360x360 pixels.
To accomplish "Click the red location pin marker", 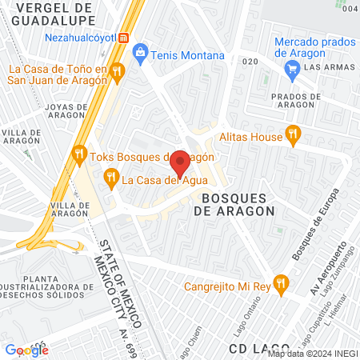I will pos(181,164).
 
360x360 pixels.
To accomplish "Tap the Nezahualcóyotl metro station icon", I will pos(124,38).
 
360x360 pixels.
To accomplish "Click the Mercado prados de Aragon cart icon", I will pos(292,68).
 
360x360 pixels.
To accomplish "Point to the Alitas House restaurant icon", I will pos(294,136).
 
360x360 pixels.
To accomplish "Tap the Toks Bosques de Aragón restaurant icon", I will pos(78,155).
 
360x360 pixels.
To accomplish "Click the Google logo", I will pos(26,349).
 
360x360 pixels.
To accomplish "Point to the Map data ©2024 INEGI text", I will pos(312,354).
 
